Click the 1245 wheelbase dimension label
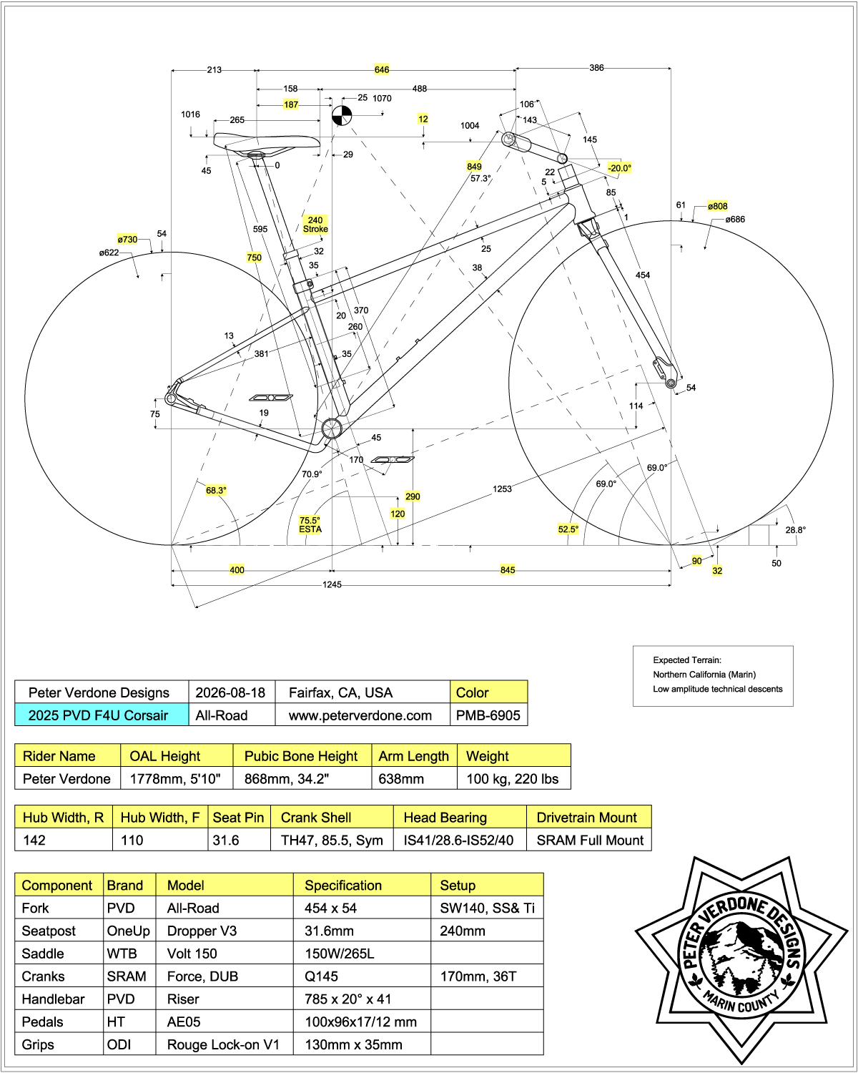(x=332, y=584)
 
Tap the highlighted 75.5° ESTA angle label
(x=310, y=524)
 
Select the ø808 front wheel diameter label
(x=717, y=206)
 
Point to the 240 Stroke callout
(x=315, y=225)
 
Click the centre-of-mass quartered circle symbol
(x=342, y=116)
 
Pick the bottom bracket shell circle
(x=332, y=428)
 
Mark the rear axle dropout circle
(x=170, y=398)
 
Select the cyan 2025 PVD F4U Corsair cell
(x=102, y=715)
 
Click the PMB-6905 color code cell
(x=488, y=715)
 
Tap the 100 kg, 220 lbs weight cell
(x=513, y=778)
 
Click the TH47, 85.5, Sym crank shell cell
(x=332, y=840)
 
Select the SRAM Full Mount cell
(x=589, y=840)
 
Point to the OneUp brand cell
(x=129, y=931)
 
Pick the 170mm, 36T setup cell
(x=487, y=976)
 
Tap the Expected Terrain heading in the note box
(x=687, y=660)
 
